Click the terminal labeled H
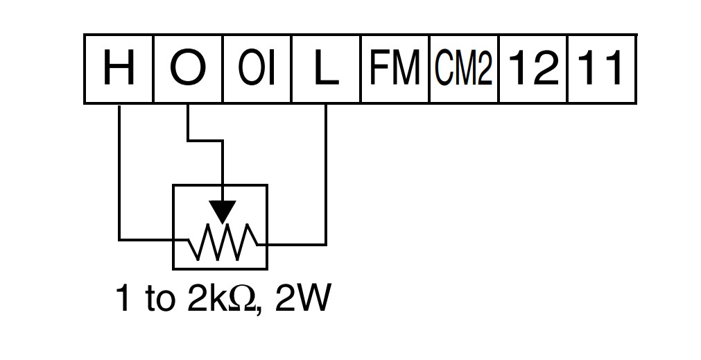coord(119,69)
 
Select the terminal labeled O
coord(188,69)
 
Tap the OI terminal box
coord(257,69)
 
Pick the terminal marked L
coord(326,69)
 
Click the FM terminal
coord(395,69)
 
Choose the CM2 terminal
coord(464,69)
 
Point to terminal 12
coord(533,69)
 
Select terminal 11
coord(602,69)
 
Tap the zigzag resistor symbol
coord(222,242)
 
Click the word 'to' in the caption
coord(159,299)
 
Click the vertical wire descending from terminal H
coord(119,172)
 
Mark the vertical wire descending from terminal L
coord(326,174)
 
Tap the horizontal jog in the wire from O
coord(205,141)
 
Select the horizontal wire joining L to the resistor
coord(292,245)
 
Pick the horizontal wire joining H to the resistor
coord(154,240)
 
